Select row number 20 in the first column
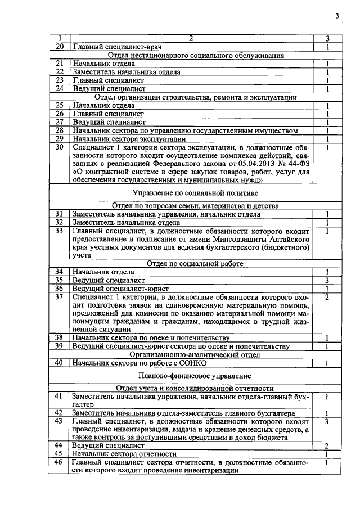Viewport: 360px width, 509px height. tap(58, 47)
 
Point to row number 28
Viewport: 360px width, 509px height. tap(58, 131)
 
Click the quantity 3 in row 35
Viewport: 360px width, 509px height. tap(327, 280)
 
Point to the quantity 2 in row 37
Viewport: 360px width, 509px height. tap(327, 296)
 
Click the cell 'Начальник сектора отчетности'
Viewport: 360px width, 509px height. tap(124, 454)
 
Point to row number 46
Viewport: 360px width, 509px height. tap(58, 462)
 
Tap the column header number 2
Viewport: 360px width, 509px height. tap(191, 38)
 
